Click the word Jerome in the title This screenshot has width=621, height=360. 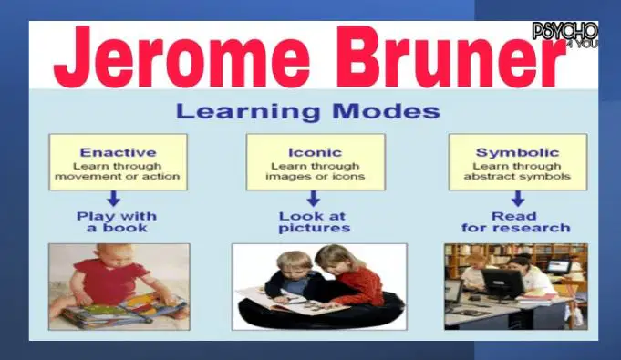[x=181, y=56]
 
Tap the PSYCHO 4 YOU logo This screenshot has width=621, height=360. [x=565, y=35]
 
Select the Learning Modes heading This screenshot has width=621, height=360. [x=307, y=111]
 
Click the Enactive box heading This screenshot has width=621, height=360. [x=118, y=152]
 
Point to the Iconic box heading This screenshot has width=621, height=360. [x=315, y=152]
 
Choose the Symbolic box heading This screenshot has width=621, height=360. [x=517, y=152]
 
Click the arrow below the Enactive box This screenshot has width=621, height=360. [x=114, y=199]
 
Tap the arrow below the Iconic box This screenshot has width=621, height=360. [x=314, y=199]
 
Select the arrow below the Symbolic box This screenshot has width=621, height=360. [x=518, y=199]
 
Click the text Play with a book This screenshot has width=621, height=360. [x=117, y=221]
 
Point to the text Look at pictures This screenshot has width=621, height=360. [x=314, y=221]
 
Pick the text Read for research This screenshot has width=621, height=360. [x=515, y=221]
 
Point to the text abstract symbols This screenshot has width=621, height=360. [x=517, y=177]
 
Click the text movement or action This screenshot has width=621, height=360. [x=118, y=177]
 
